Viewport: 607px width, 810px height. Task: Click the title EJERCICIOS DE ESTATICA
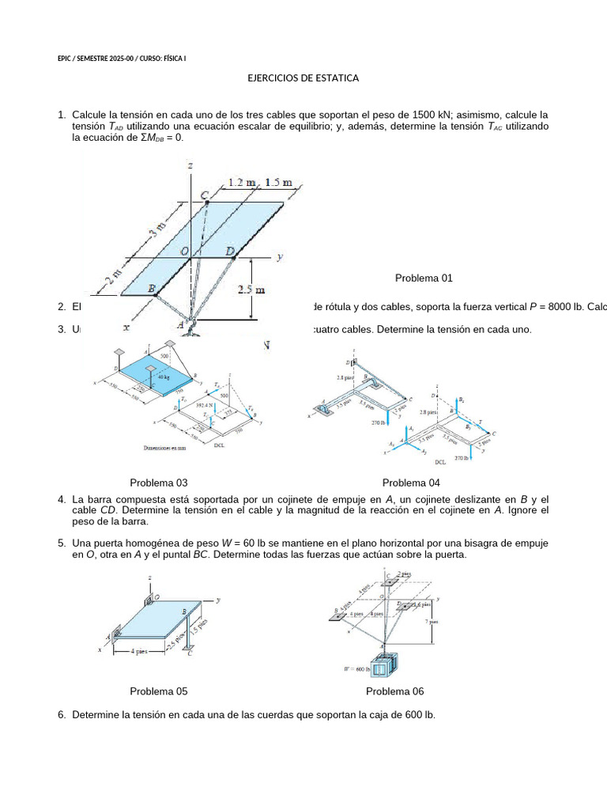[x=303, y=78]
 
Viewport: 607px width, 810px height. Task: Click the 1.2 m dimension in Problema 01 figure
[x=243, y=183]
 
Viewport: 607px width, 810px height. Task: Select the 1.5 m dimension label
[x=277, y=183]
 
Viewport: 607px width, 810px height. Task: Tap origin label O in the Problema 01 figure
[x=183, y=252]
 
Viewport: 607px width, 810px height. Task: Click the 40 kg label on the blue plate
[x=164, y=377]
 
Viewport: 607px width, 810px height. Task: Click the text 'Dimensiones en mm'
[x=164, y=448]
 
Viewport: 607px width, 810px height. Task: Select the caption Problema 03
[x=158, y=483]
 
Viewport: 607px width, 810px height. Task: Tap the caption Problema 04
[x=411, y=483]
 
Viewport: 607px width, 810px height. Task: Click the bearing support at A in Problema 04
[x=324, y=410]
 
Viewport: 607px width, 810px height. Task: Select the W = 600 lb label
[x=357, y=668]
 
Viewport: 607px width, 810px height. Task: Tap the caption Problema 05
[x=158, y=691]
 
